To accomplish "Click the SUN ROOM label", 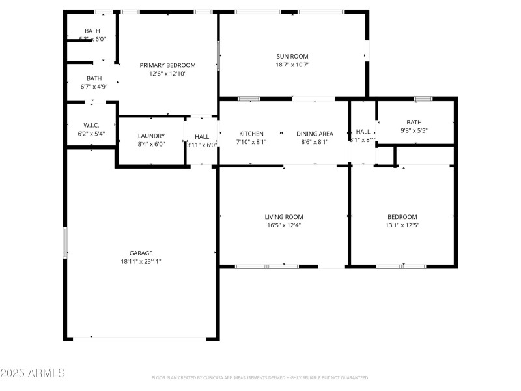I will (292, 56).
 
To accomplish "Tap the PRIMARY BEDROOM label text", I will (167, 65).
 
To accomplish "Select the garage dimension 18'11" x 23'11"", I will (141, 261).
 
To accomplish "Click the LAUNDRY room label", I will (151, 136).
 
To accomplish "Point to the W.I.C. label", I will (91, 125).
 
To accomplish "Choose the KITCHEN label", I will (251, 134).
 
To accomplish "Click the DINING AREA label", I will (315, 134).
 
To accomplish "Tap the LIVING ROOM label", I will (283, 217).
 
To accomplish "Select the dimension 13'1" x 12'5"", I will (402, 225).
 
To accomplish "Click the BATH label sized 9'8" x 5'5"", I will (414, 122).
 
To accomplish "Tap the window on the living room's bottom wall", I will (266, 267).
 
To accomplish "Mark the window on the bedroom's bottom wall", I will (401, 267).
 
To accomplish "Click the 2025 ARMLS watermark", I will (33, 373).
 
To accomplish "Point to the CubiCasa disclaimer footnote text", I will (260, 377).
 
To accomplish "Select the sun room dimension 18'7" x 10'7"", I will (292, 65).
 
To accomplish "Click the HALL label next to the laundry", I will (202, 136).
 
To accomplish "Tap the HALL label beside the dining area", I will (363, 132).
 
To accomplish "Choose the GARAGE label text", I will (141, 253).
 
